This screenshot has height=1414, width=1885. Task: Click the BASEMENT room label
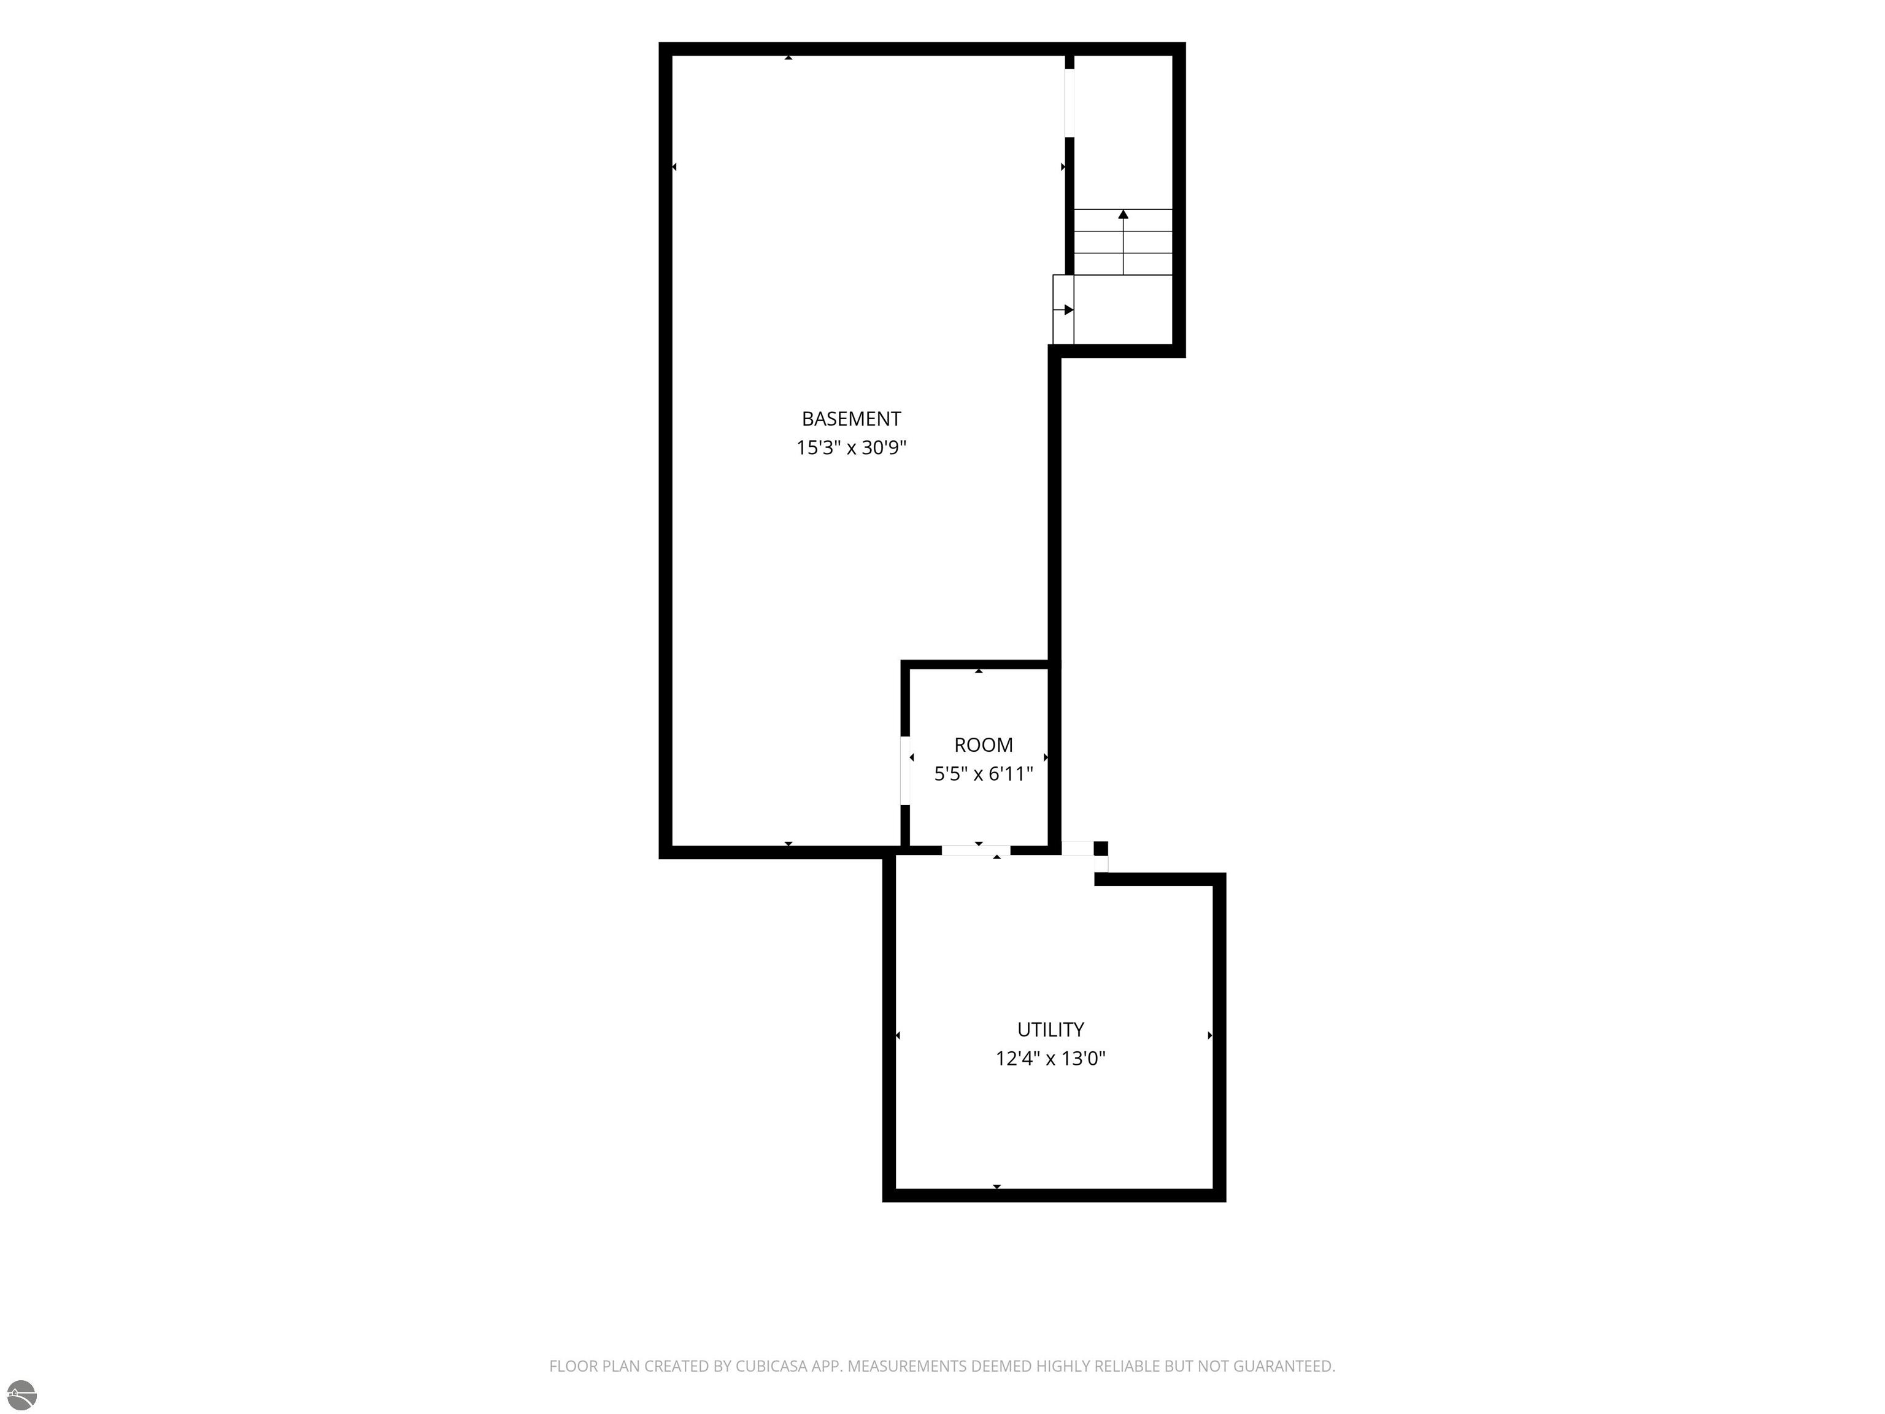(x=850, y=419)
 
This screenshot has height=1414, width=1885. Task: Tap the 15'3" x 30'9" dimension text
(x=850, y=447)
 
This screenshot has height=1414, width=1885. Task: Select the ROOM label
(x=984, y=745)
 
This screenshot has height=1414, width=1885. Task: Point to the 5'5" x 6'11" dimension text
(x=984, y=774)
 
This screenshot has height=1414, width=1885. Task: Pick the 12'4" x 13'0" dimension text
(x=1050, y=1059)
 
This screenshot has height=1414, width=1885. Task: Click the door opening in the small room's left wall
(x=905, y=770)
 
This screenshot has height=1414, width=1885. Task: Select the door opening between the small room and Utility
(x=976, y=850)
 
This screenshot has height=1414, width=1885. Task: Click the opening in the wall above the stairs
(x=1070, y=102)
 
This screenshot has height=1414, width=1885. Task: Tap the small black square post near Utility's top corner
(x=1101, y=848)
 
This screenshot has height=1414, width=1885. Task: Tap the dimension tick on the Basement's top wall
(x=788, y=57)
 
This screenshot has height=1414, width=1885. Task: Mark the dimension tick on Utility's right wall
(x=1210, y=1035)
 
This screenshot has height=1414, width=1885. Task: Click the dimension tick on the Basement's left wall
(x=674, y=167)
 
